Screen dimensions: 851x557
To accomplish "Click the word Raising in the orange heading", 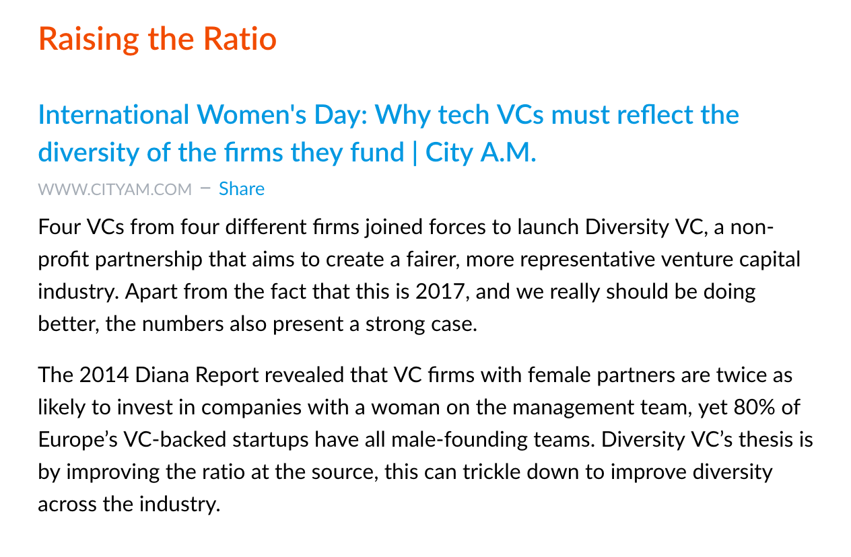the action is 89,40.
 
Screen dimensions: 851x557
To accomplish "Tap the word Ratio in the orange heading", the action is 240,39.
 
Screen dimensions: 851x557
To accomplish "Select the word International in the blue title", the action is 114,114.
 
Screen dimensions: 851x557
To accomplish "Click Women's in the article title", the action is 251,114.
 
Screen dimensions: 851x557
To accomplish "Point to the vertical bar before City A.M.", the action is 415,153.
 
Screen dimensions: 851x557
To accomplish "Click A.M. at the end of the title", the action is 508,153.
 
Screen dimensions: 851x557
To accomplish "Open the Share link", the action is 242,189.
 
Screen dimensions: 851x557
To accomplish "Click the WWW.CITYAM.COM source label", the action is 114,189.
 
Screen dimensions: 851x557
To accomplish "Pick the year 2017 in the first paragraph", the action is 440,291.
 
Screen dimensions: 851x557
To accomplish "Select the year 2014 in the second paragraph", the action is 104,375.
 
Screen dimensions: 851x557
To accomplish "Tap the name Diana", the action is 162,375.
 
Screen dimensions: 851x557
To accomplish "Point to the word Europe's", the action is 78,440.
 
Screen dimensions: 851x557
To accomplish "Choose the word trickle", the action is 491,472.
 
